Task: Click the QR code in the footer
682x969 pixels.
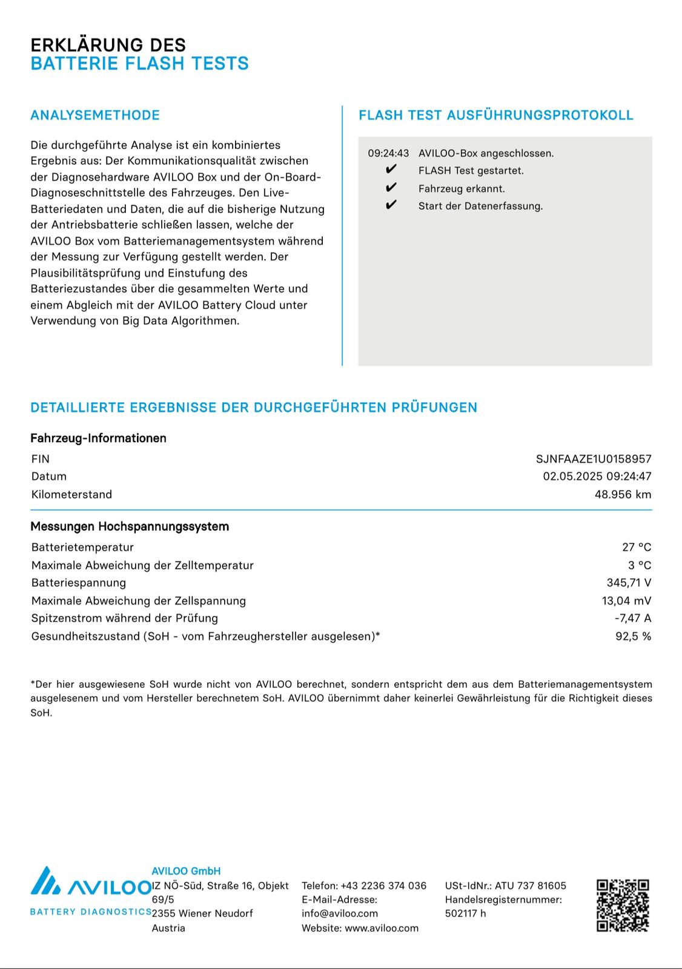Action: click(x=623, y=905)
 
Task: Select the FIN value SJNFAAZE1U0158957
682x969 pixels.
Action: click(x=594, y=459)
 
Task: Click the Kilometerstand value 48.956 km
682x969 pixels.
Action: click(x=623, y=494)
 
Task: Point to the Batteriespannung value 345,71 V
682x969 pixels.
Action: click(x=629, y=583)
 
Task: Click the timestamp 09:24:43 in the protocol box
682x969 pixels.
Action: click(x=388, y=153)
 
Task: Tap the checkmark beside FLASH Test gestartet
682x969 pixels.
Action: click(x=391, y=170)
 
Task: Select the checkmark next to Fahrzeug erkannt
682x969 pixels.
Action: click(x=391, y=188)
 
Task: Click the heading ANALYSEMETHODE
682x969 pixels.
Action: click(x=95, y=115)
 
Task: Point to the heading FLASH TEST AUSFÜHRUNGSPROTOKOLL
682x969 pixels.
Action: click(x=496, y=115)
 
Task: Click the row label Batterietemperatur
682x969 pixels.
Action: click(x=82, y=547)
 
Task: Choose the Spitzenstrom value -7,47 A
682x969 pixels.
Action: click(x=632, y=618)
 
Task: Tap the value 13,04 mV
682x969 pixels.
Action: click(x=626, y=601)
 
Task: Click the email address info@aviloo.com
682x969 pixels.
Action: click(x=340, y=913)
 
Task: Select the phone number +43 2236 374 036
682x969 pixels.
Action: click(x=383, y=885)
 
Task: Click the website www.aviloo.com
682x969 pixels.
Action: click(x=382, y=928)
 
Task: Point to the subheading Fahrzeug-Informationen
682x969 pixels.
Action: click(x=98, y=438)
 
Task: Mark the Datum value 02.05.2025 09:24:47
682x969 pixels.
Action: click(x=597, y=476)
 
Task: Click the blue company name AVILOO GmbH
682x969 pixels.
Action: click(x=186, y=871)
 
